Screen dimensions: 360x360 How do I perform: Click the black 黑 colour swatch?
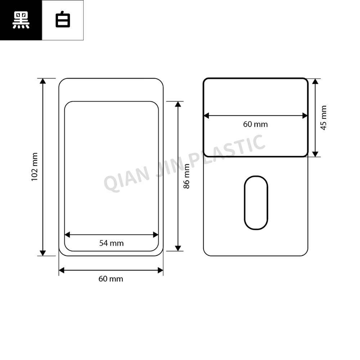(21, 20)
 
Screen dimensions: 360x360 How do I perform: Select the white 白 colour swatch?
(63, 20)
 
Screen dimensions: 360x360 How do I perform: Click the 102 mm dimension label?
(35, 167)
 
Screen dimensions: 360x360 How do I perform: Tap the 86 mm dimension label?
(186, 176)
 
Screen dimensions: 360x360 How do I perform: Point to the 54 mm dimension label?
(111, 243)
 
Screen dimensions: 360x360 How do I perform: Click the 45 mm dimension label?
(323, 118)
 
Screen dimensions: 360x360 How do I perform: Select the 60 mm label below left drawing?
(111, 279)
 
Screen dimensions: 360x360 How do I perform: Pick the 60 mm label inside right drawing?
(255, 124)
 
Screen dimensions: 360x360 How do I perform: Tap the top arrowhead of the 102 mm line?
(43, 81)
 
